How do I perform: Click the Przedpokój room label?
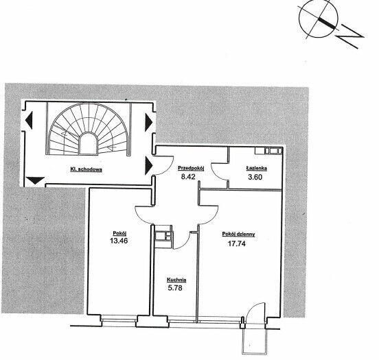[x=191, y=168]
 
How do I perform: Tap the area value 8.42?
[x=188, y=177]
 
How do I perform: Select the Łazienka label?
[x=257, y=168]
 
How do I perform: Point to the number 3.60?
[x=255, y=177]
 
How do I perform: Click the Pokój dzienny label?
[x=238, y=235]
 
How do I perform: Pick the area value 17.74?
[x=237, y=243]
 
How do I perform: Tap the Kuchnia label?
[x=176, y=280]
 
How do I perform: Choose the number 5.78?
[x=175, y=288]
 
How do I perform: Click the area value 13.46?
[x=119, y=241]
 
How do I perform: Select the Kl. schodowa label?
[x=86, y=169]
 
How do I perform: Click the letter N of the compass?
[x=351, y=37]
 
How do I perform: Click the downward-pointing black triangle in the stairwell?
[x=35, y=180]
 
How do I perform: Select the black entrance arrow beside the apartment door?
[x=148, y=165]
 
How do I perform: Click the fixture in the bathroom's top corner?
[x=268, y=151]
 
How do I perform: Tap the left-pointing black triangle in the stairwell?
[x=29, y=120]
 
